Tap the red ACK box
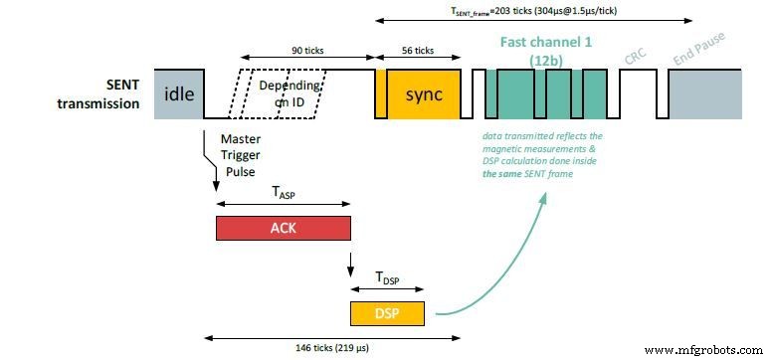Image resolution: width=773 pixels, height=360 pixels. (x=283, y=229)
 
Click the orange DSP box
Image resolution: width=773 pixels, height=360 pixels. (x=387, y=312)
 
